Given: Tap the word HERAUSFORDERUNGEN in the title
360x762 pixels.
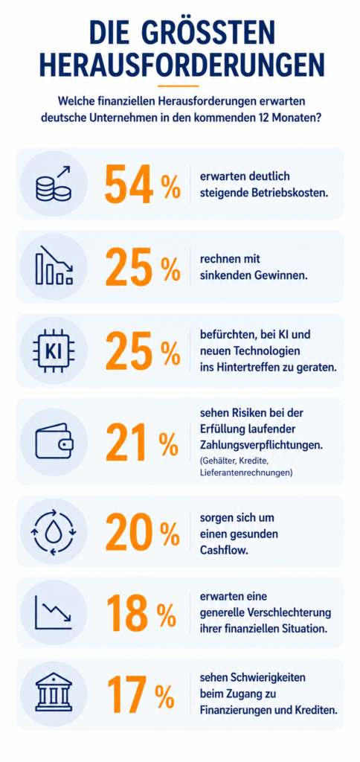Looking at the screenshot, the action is [180, 65].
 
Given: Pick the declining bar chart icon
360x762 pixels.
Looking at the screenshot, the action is [54, 265].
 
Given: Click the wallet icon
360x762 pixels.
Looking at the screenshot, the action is [54, 441].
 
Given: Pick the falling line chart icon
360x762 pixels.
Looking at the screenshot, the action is [54, 613].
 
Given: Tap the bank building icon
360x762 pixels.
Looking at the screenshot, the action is [54, 694].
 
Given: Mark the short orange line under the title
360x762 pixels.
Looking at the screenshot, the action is [179, 86].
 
